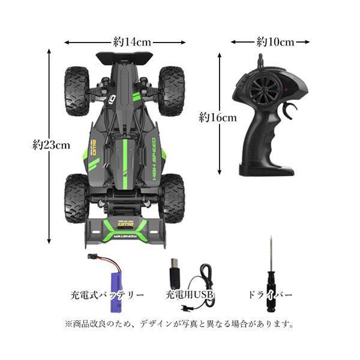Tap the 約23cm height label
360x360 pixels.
pos(52,145)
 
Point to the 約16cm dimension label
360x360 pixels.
pos(218,118)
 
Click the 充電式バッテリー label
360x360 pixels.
pos(107,296)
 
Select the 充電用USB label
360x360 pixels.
pos(190,296)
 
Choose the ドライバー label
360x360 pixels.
pos(270,296)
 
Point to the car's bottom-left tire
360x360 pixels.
pos(76,197)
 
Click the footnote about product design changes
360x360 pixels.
pos(179,324)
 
